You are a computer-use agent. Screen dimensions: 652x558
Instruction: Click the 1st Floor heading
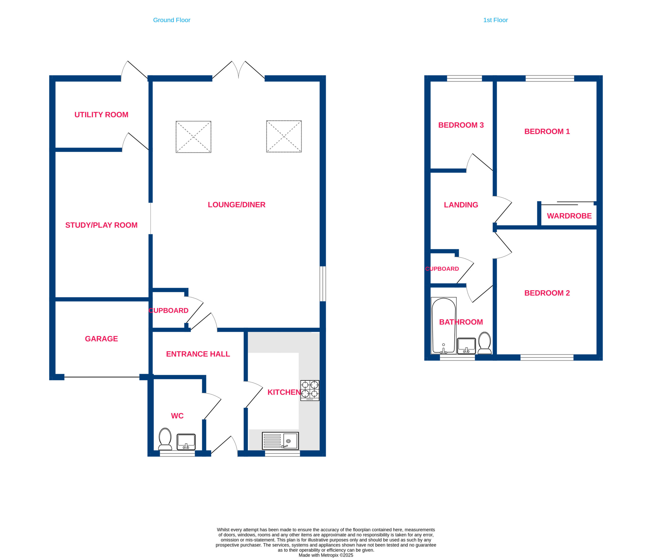click(495, 20)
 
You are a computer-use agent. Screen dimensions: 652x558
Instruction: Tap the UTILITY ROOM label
click(101, 115)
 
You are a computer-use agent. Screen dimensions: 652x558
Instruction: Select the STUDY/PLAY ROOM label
click(101, 225)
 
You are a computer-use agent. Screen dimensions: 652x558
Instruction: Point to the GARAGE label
click(101, 339)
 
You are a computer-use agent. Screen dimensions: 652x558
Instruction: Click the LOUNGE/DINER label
click(237, 205)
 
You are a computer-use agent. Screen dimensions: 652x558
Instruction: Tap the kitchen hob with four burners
click(310, 391)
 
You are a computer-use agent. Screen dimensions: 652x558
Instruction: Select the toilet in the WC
click(165, 439)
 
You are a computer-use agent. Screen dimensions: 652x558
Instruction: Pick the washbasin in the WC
click(186, 442)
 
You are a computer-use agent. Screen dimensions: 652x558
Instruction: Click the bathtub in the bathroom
click(444, 326)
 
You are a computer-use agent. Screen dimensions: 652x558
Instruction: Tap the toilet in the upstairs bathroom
click(485, 343)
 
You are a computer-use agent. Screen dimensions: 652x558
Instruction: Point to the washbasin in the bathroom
click(466, 346)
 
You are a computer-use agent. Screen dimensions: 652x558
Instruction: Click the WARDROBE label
click(569, 216)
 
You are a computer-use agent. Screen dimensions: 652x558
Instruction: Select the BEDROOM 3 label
click(461, 125)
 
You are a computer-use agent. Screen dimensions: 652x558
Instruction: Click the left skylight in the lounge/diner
click(194, 137)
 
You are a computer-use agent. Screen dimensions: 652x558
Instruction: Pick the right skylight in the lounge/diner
click(284, 136)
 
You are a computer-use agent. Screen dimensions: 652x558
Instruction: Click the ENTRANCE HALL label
click(198, 354)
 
